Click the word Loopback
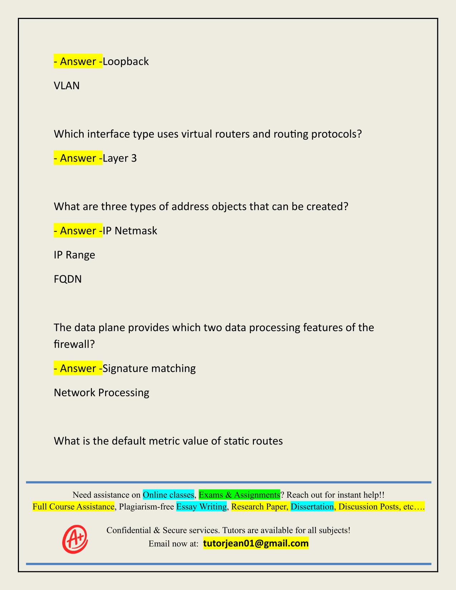[x=126, y=62]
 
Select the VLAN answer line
[x=67, y=86]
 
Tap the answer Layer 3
[x=119, y=158]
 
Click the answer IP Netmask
[x=130, y=231]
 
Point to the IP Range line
[x=74, y=255]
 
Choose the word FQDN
[x=68, y=279]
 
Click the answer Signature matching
[x=149, y=368]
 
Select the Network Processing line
[x=101, y=393]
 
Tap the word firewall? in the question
[x=74, y=344]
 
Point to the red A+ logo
[x=75, y=539]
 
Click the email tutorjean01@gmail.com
[x=256, y=544]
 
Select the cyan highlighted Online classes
[x=168, y=495]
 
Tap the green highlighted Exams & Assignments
[x=239, y=495]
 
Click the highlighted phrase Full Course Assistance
[x=73, y=507]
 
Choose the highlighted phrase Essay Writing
[x=201, y=507]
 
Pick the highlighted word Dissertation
[x=312, y=507]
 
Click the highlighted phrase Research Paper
[x=259, y=507]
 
